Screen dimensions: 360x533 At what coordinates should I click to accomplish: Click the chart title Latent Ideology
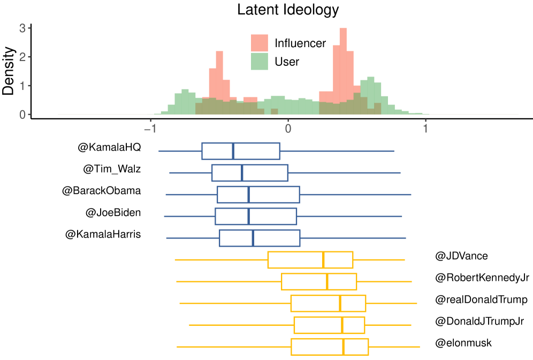(288, 9)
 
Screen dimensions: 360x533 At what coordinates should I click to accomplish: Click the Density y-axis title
(9, 71)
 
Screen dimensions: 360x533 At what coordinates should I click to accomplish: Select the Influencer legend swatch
(259, 43)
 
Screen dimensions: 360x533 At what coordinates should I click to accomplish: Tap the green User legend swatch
(259, 62)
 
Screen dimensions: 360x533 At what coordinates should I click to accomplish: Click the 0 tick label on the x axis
(288, 128)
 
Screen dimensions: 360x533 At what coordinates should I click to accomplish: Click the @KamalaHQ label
(109, 147)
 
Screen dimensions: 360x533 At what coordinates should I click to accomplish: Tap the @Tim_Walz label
(112, 169)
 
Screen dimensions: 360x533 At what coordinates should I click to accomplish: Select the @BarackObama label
(101, 190)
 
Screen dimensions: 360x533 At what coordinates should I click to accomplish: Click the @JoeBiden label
(113, 212)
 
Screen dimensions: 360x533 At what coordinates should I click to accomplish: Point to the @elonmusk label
(463, 343)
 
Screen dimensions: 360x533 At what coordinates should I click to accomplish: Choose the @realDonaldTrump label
(481, 299)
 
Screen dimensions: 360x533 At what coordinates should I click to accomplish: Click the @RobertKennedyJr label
(482, 278)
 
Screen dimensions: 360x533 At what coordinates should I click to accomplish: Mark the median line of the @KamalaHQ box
(233, 151)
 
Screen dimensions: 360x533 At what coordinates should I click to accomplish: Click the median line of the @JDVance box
(323, 259)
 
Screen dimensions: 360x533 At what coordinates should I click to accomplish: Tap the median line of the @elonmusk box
(343, 347)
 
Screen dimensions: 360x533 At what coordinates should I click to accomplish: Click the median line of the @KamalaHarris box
(253, 238)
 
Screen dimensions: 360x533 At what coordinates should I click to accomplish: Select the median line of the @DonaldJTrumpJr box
(342, 325)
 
